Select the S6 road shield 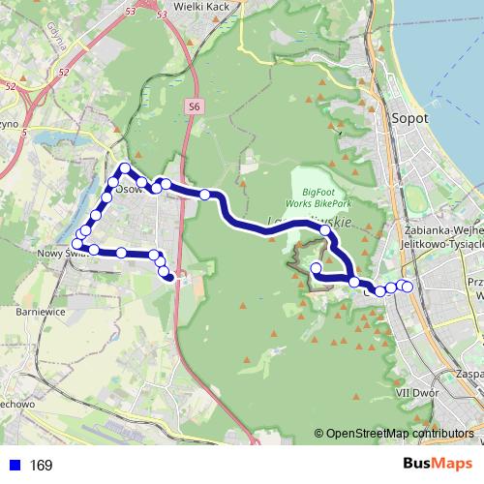195,106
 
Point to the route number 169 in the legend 42,466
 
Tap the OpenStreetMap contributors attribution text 399,435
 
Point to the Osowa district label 129,190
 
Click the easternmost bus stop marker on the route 407,286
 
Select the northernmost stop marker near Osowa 125,169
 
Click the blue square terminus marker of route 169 170,278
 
